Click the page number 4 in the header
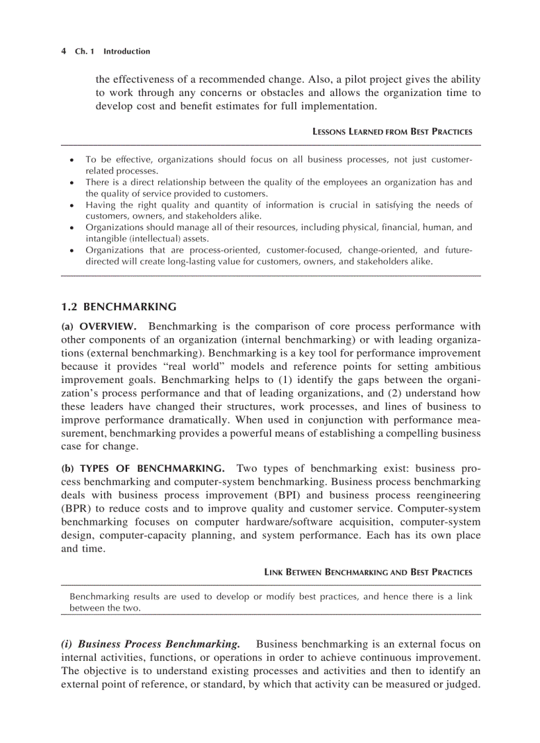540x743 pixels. tap(63, 52)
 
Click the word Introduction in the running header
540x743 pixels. tap(126, 52)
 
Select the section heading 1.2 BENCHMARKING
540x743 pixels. tap(118, 306)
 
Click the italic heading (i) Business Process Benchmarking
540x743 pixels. tap(150, 644)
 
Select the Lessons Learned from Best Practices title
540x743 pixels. tap(392, 132)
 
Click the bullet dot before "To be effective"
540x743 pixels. tap(71, 160)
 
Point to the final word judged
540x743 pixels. tap(464, 684)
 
